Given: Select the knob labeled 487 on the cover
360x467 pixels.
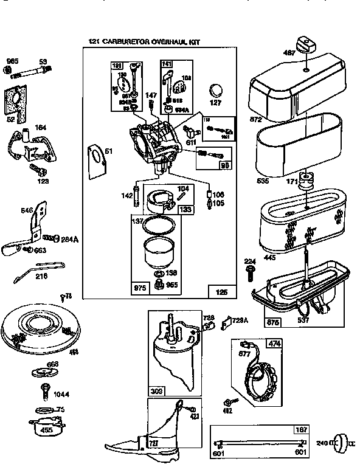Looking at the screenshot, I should [x=305, y=46].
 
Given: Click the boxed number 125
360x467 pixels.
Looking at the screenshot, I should [x=222, y=292].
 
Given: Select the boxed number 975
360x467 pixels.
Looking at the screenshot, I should [x=140, y=286].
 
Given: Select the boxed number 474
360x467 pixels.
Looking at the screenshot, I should [x=274, y=344].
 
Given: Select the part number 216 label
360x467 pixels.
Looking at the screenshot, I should [x=42, y=276].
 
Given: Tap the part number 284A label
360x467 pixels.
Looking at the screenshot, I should [x=69, y=240].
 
